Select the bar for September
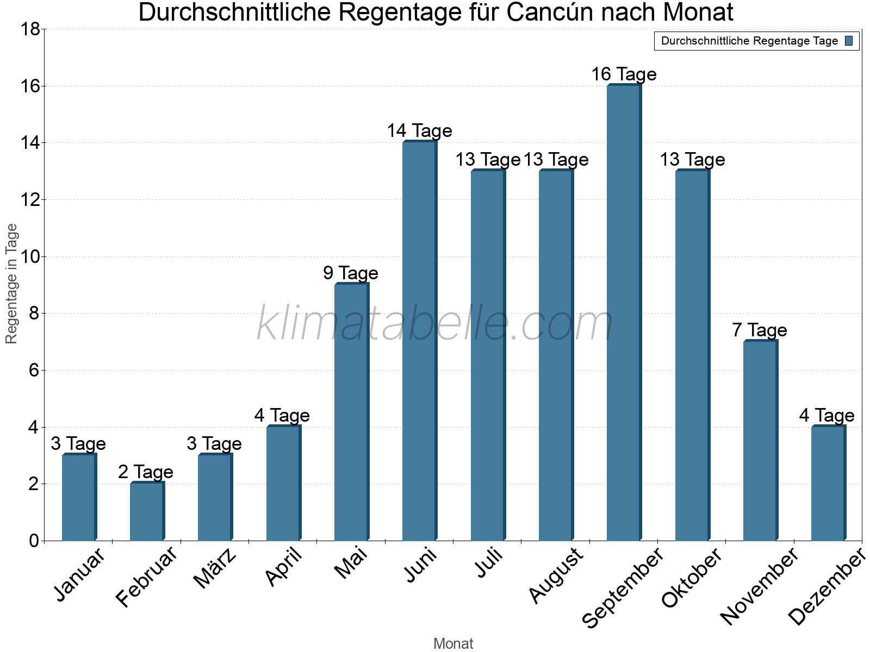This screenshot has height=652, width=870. (x=624, y=312)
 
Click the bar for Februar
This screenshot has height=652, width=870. (x=147, y=511)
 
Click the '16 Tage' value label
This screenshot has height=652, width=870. (x=624, y=74)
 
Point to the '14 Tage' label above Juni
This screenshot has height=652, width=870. (x=419, y=131)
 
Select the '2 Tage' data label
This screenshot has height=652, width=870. (x=146, y=472)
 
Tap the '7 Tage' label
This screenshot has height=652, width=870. (x=759, y=330)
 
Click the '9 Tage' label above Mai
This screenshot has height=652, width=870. (x=351, y=273)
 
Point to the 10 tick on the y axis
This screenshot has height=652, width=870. (x=30, y=256)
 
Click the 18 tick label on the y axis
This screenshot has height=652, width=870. (x=30, y=29)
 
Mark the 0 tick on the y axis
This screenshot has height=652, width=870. (x=34, y=541)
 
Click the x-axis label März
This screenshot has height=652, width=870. (x=215, y=568)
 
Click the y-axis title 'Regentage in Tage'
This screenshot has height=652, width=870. (x=11, y=284)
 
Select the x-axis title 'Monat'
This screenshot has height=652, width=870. (x=453, y=643)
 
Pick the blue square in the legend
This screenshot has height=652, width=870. (x=849, y=41)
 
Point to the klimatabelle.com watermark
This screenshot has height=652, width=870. (x=435, y=323)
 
